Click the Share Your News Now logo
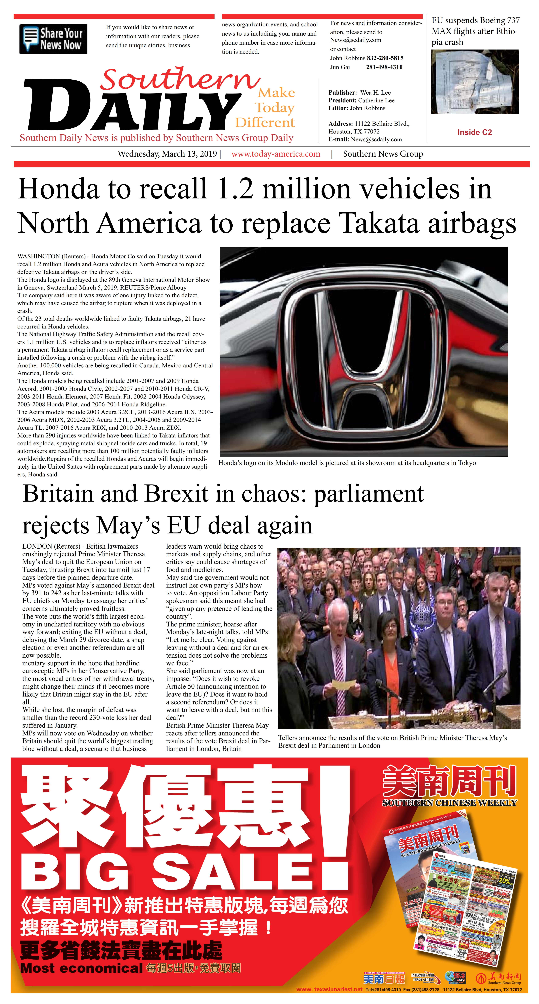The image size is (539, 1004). point(53,39)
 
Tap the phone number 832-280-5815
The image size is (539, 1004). point(385,58)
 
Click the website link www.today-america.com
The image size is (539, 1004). point(276,154)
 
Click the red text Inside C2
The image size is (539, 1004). point(474,133)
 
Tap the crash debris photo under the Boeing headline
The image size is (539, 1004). point(475,82)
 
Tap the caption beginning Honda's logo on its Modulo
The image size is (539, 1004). point(347,463)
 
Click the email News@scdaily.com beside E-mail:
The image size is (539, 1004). point(376,139)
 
